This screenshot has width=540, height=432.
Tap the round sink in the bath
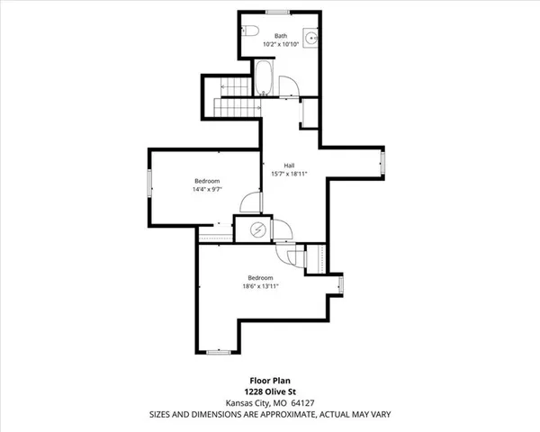coord(310,38)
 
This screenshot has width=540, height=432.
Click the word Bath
coord(282,36)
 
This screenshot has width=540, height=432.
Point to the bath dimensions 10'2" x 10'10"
coord(282,44)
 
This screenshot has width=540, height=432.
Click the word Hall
coord(290,166)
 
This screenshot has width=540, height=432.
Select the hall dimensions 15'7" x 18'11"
coord(290,174)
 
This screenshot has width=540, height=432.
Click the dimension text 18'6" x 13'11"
coord(261,286)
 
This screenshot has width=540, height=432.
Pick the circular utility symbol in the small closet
coord(257,229)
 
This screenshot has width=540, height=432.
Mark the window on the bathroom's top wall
coord(276,13)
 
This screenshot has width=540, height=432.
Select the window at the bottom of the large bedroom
coord(216,349)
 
